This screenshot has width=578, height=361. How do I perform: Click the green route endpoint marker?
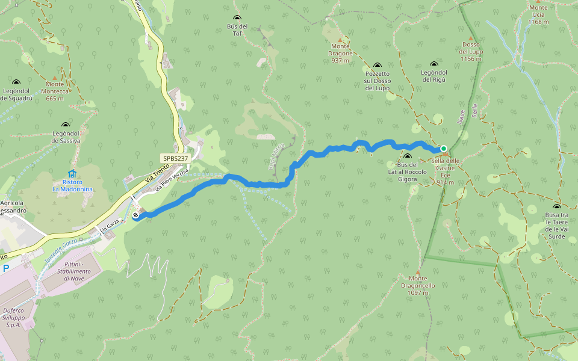(444, 149)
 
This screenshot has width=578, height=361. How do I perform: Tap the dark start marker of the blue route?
(136, 215)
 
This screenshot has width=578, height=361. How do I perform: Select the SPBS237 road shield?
(175, 158)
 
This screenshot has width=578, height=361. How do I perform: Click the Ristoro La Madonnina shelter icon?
(72, 174)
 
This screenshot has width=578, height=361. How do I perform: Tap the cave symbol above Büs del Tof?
(237, 18)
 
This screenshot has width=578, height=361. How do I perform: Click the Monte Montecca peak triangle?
(55, 78)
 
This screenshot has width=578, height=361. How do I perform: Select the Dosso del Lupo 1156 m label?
(471, 52)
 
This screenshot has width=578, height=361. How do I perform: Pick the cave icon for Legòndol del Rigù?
(434, 64)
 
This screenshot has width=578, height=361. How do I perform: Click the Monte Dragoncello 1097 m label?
(417, 285)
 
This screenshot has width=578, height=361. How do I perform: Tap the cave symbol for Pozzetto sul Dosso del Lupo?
(378, 66)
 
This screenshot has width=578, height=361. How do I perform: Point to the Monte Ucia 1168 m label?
(538, 14)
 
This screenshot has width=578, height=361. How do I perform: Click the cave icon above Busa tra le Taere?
(556, 207)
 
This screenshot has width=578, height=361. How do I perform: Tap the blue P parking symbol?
(5, 268)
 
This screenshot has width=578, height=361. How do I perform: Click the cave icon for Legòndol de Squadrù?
(16, 82)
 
